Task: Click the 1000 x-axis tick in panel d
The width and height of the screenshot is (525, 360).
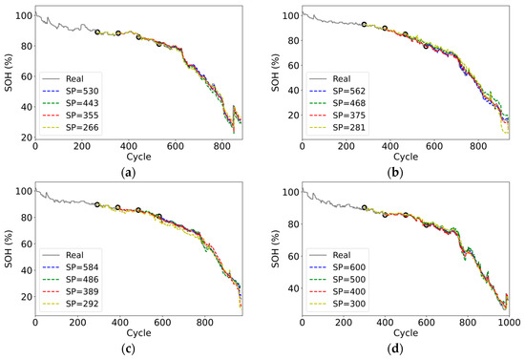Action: [x=508, y=325]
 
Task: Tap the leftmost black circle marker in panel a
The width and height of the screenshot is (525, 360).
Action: [x=97, y=32]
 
